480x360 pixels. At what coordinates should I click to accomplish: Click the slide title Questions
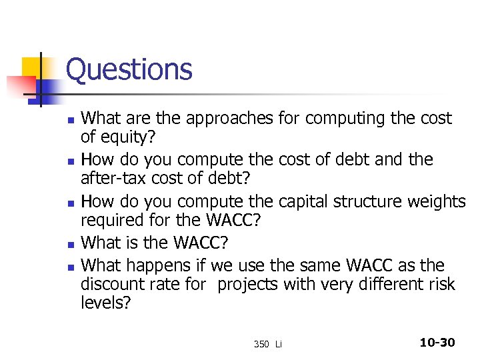coord(129,69)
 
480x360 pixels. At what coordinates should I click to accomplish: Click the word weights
coord(440,201)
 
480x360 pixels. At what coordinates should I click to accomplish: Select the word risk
coord(441,284)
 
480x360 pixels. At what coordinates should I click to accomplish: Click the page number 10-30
coord(437,343)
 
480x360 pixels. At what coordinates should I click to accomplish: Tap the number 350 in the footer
coord(261,344)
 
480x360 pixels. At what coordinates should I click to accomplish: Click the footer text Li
coord(279,344)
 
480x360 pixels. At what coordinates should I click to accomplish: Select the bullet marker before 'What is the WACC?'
coord(71,243)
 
